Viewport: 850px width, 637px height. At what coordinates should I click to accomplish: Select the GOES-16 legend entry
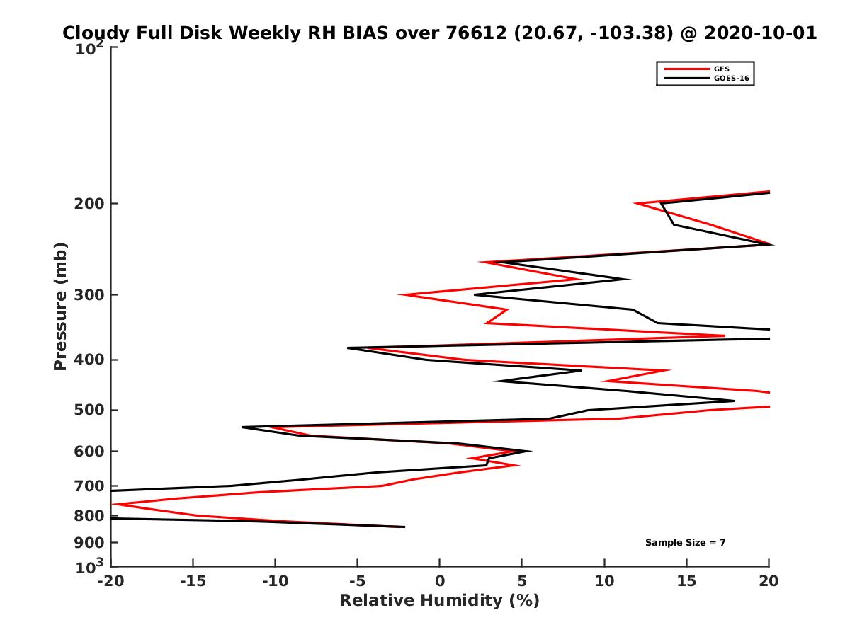(730, 79)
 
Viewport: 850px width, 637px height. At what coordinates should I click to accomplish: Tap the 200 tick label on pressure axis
(89, 204)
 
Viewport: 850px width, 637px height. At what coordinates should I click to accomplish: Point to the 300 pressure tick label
(89, 294)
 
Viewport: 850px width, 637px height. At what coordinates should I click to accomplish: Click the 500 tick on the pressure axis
(89, 410)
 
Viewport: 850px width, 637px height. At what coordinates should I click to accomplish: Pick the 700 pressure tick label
(89, 486)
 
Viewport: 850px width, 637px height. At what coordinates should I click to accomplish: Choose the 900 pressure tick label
(89, 543)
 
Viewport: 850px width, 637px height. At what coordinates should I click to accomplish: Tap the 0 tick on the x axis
(440, 581)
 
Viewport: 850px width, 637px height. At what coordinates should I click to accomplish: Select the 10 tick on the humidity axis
(604, 581)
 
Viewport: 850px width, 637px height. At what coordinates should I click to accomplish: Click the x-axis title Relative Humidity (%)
(439, 601)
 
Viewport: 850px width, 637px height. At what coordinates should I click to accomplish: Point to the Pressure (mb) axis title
(60, 306)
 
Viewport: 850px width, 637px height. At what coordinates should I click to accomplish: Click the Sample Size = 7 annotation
(685, 543)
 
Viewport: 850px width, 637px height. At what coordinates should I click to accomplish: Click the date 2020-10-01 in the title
(757, 33)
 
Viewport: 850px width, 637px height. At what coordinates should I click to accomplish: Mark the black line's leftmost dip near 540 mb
(242, 427)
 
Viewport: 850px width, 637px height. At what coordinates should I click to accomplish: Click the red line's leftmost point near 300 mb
(399, 294)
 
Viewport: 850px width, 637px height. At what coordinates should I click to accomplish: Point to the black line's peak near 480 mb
(734, 401)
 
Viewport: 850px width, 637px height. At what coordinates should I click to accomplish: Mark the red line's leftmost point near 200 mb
(636, 204)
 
